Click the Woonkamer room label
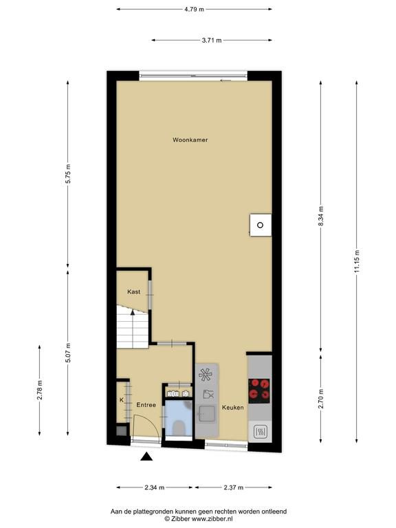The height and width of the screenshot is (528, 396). coord(190,140)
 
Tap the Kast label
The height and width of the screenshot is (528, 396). coord(133,291)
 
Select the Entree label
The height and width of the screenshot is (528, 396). coord(146,405)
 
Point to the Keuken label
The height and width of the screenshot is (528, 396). coord(232,408)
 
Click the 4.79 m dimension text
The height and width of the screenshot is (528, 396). coord(194,10)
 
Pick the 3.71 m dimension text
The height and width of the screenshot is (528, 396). coord(212,41)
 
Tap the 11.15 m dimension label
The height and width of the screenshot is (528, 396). coord(357,261)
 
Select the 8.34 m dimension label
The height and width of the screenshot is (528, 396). coord(320,217)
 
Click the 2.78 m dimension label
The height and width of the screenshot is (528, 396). coord(39,390)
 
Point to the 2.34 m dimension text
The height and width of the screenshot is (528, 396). coord(155,487)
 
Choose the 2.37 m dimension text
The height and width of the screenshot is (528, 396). coord(233,487)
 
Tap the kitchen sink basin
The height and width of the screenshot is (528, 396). coord(207,414)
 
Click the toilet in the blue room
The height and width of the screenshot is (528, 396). coord(178,428)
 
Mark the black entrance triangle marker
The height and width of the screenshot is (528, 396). coord(146,456)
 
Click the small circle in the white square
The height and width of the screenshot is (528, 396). coord(260,225)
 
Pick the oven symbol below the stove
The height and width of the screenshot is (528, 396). coord(260,431)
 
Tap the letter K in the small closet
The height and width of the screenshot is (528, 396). coord(122,400)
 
